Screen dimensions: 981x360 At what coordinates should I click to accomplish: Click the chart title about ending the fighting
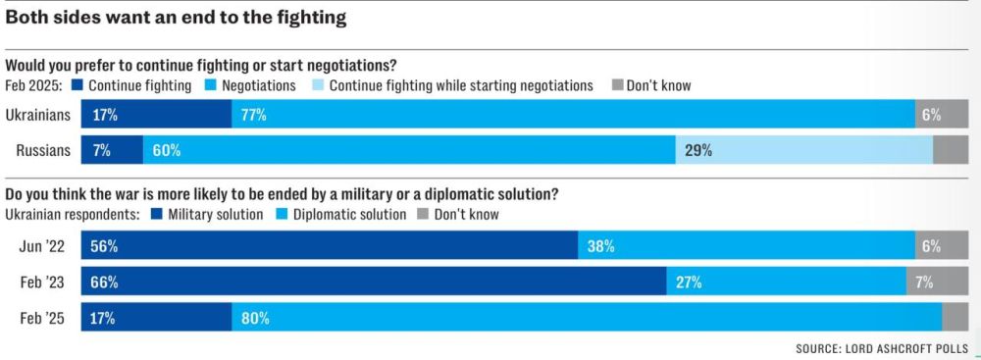(176, 18)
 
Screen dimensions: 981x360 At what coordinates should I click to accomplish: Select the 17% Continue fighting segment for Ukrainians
(156, 115)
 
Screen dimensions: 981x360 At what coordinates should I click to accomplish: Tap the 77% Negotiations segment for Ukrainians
(574, 115)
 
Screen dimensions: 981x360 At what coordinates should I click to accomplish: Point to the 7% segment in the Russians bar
(112, 150)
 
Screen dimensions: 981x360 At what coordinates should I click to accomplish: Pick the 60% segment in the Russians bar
(409, 150)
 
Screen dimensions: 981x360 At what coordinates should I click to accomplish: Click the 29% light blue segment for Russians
(804, 150)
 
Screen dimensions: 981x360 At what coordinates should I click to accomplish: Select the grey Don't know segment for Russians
(951, 150)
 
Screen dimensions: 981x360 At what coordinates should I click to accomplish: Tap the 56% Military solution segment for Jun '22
(330, 246)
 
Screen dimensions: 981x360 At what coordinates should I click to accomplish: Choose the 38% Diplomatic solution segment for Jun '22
(747, 246)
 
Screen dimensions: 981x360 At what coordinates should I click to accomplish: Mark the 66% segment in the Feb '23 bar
(374, 282)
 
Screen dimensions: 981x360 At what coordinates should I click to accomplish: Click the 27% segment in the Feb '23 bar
(787, 282)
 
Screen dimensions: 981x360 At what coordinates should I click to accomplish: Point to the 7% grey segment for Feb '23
(937, 282)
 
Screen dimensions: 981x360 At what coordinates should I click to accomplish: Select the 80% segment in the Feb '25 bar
(587, 318)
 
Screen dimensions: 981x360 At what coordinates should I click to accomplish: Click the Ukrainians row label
(37, 115)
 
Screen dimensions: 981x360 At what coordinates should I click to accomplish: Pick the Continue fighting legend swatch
(78, 85)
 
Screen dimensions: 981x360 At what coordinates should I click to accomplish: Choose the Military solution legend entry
(207, 215)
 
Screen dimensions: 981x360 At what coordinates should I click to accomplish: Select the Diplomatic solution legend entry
(340, 215)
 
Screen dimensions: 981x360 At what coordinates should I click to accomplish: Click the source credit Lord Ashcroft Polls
(882, 348)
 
